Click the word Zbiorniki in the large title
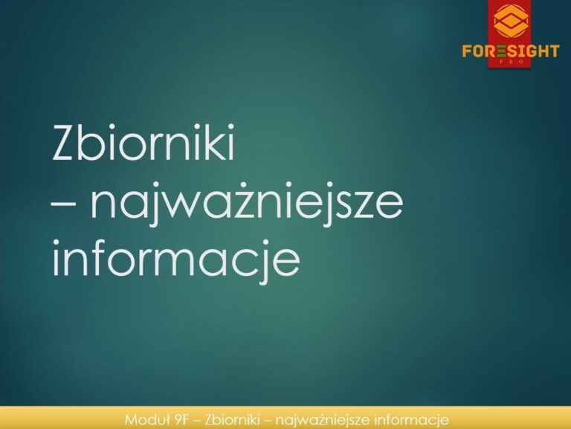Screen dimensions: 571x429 coord(143,142)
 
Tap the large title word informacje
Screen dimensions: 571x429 coord(176,259)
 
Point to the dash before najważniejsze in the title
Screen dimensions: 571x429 coord(64,205)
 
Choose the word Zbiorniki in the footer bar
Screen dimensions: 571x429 coord(232,420)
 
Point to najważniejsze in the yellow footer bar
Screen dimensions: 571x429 coord(323,420)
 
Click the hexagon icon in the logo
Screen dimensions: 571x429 coord(511,21)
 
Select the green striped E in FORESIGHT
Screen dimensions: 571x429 coord(501,51)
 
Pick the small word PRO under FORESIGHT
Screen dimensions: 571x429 coord(510,62)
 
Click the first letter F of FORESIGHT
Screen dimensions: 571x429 coord(467,51)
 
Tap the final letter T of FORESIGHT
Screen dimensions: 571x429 coord(553,51)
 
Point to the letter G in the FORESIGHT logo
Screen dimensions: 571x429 coord(528,51)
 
